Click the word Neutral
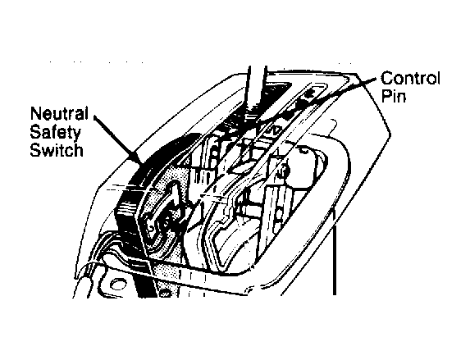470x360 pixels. pyautogui.click(x=59, y=114)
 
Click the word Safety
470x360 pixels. pyautogui.click(x=56, y=132)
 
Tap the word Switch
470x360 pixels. pyautogui.click(x=57, y=149)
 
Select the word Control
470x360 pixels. pyautogui.click(x=410, y=78)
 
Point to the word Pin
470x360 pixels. pyautogui.click(x=393, y=96)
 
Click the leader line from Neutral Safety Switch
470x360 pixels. pyautogui.click(x=118, y=140)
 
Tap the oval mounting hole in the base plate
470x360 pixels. pyautogui.click(x=118, y=284)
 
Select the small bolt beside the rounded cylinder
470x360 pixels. pyautogui.click(x=284, y=171)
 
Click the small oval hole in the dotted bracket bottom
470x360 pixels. pyautogui.click(x=164, y=294)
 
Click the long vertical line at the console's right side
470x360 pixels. pyautogui.click(x=334, y=251)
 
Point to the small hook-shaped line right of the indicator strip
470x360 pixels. pyautogui.click(x=333, y=126)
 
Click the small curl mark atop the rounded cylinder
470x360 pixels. pyautogui.click(x=303, y=150)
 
